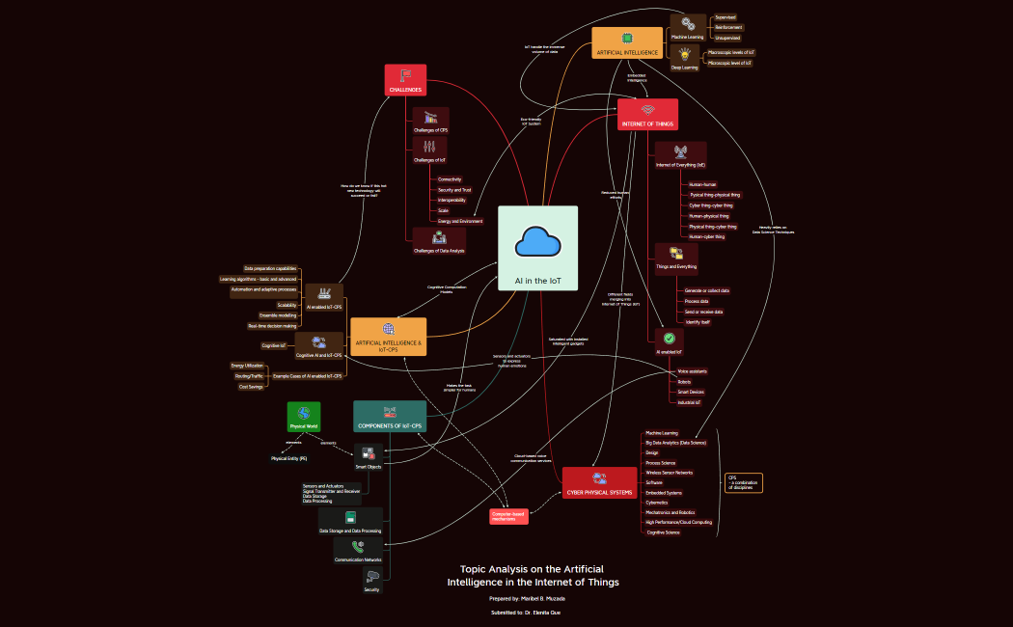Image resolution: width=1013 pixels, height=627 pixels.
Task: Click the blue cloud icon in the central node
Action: [537, 241]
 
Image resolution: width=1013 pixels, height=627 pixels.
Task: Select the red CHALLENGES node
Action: [405, 80]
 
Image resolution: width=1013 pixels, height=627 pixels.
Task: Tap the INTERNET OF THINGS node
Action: [647, 114]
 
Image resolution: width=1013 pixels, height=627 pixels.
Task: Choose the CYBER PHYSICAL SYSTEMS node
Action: [599, 482]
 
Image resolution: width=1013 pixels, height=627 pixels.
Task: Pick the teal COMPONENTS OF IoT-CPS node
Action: [389, 417]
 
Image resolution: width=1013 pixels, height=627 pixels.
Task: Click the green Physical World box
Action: [304, 417]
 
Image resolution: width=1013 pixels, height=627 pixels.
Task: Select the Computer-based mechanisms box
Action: [508, 517]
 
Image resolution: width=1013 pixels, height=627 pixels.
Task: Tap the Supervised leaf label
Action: [725, 17]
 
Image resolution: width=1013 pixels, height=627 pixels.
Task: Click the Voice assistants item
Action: [693, 370]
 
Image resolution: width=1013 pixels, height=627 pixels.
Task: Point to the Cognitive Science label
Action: [663, 532]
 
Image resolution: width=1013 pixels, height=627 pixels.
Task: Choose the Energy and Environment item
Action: [460, 221]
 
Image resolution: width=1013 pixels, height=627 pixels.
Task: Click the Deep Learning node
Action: [685, 60]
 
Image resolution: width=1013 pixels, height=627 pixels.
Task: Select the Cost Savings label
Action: [250, 386]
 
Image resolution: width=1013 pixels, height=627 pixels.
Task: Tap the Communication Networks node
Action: [357, 552]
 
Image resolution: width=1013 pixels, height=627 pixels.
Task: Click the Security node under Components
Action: [372, 581]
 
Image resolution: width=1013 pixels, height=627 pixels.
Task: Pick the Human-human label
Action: [702, 183]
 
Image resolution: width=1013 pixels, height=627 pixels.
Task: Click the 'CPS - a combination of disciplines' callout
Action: [743, 482]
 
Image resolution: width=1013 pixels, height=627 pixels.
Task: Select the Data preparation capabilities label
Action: [270, 268]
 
